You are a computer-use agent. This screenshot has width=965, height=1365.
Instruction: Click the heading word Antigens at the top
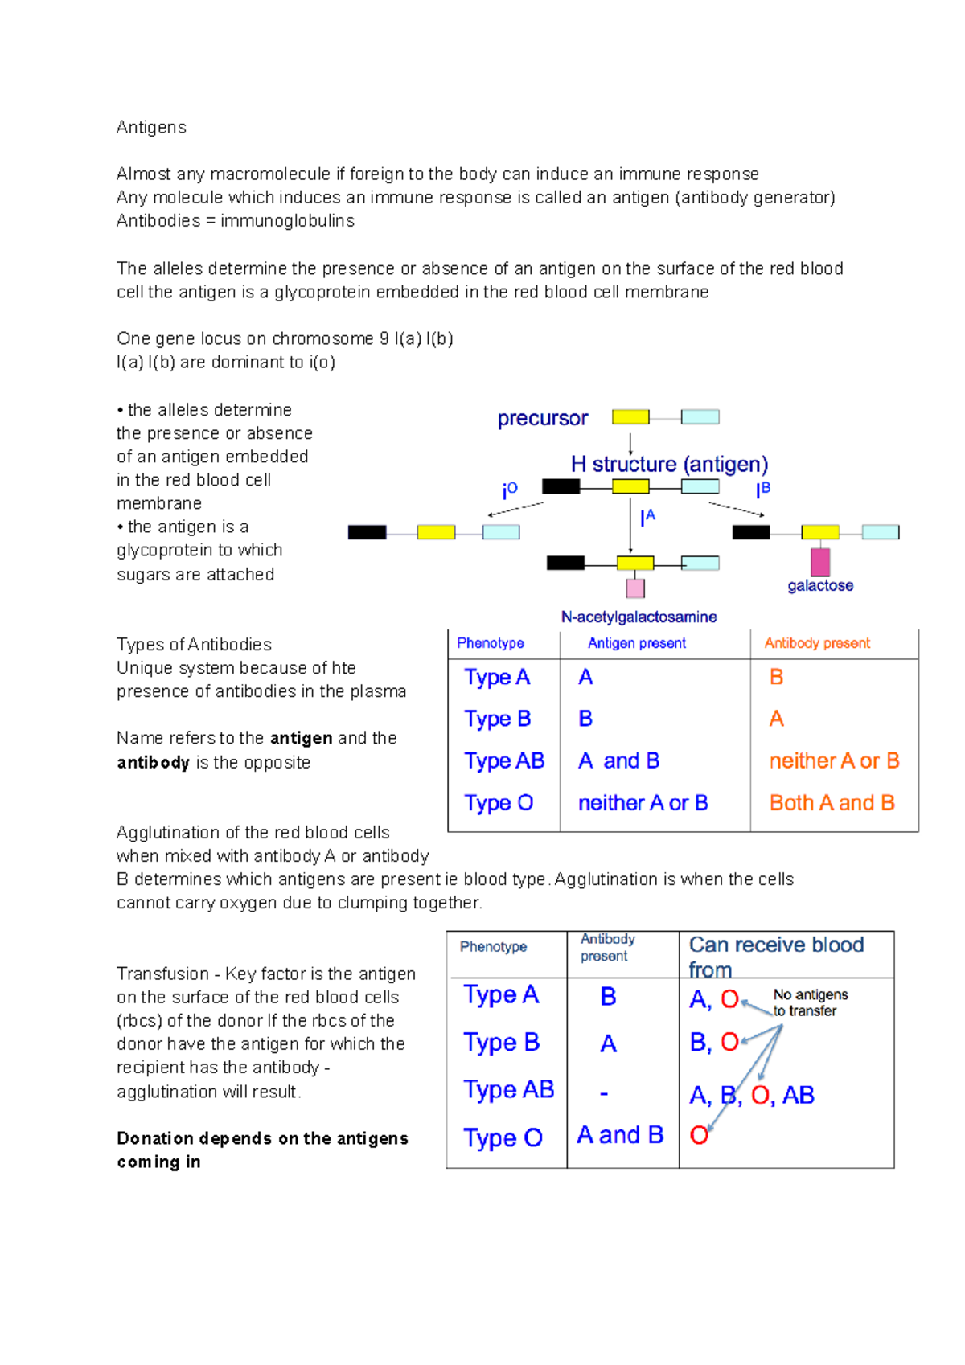tap(151, 128)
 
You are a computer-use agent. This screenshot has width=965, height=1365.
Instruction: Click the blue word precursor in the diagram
tap(543, 419)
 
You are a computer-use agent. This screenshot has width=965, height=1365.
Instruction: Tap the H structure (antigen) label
tap(669, 465)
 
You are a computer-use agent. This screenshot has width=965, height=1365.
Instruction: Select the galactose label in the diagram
tap(820, 586)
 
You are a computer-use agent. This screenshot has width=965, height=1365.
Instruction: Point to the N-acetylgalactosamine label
tap(639, 617)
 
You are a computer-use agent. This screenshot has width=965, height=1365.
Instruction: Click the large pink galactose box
tap(820, 562)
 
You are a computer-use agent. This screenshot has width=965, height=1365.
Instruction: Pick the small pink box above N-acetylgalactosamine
tap(635, 588)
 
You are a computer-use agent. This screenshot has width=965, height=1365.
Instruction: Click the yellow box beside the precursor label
tap(630, 417)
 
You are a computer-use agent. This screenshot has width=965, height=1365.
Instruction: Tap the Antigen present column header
tap(636, 643)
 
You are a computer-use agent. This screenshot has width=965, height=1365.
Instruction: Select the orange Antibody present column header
tap(817, 643)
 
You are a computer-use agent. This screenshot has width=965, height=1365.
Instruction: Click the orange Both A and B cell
tap(832, 803)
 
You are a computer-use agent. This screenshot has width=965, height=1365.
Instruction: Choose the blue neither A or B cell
tap(643, 803)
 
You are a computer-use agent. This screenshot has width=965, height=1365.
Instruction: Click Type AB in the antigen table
tap(504, 761)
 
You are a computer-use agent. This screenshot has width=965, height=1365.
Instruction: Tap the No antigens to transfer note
tap(810, 1003)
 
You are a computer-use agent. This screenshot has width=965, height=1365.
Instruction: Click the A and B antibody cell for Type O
tap(620, 1135)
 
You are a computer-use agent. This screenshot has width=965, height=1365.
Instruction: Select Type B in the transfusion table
tap(501, 1043)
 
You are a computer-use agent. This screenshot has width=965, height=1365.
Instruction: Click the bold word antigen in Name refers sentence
tap(302, 739)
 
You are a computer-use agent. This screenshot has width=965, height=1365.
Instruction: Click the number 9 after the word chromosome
tap(384, 339)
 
